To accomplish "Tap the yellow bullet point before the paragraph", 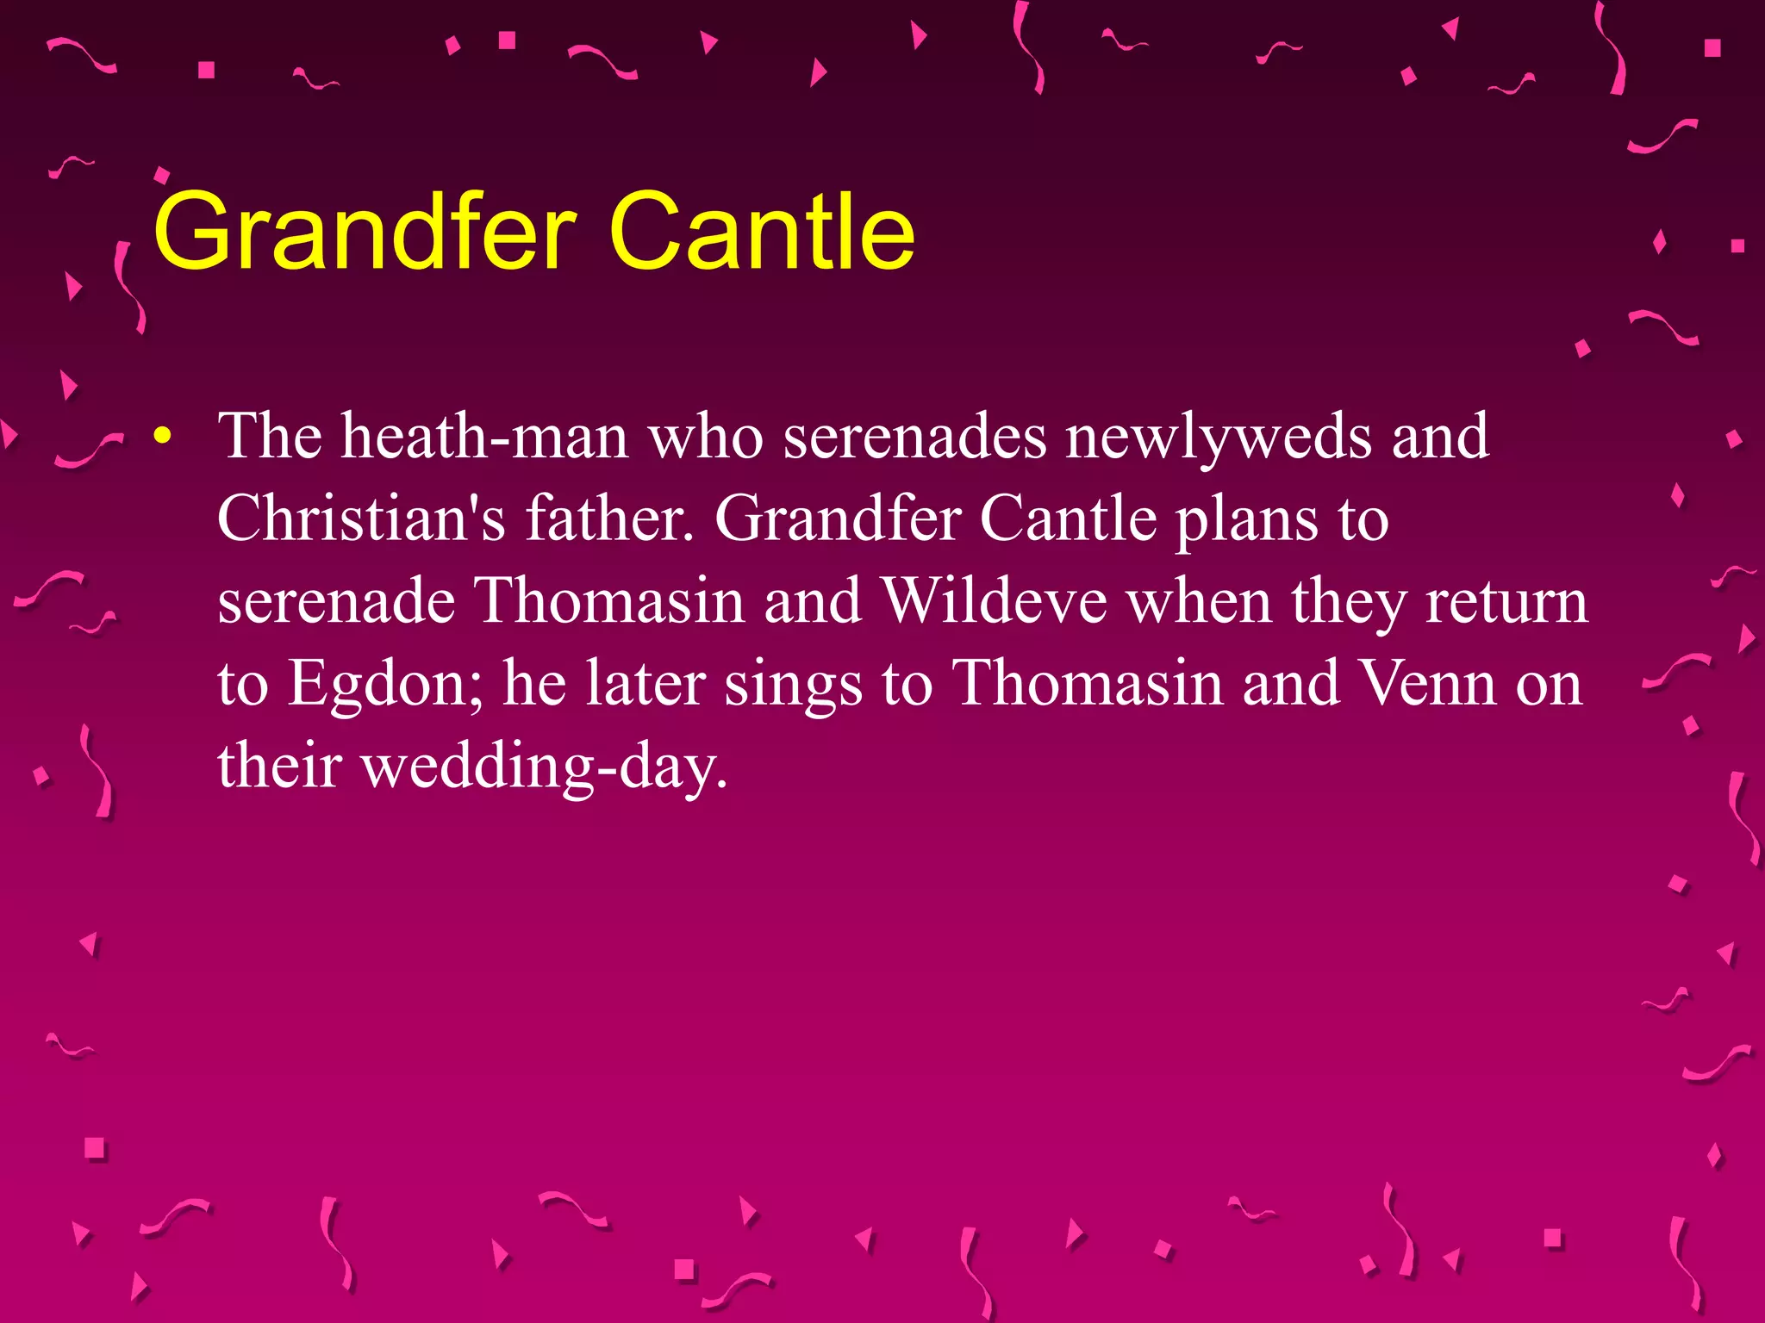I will (x=161, y=438).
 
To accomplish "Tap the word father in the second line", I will (x=609, y=519).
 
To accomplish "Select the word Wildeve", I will (x=995, y=601).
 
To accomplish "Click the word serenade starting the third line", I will (x=336, y=601).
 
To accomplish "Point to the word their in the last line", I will (x=279, y=765).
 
